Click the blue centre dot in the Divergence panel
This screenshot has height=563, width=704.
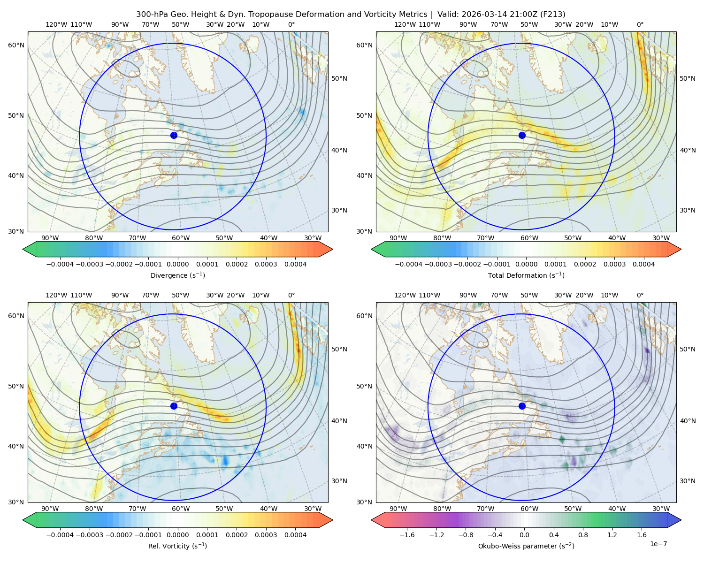pos(174,135)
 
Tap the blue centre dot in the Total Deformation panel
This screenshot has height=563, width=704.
pos(522,135)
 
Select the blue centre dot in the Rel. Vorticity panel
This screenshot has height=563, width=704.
pos(174,406)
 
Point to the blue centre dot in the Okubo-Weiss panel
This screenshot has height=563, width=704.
pos(522,406)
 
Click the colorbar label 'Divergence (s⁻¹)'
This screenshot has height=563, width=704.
pos(177,275)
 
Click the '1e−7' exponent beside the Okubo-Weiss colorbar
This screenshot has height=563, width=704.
pos(658,544)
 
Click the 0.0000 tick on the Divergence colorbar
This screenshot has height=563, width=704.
pos(177,264)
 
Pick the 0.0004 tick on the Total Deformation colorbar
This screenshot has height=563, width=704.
pos(643,264)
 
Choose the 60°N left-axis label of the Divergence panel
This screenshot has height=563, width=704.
pos(16,45)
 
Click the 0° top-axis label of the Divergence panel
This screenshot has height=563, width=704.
pos(291,24)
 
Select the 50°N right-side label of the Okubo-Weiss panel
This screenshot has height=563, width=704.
pos(687,349)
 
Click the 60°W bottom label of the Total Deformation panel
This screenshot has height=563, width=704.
pos(529,238)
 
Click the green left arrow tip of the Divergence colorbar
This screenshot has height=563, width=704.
pos(23,249)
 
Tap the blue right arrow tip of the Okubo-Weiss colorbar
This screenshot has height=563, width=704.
pos(681,520)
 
